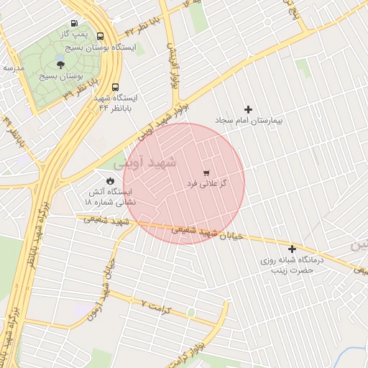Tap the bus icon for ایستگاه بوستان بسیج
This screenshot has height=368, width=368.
coord(99,36)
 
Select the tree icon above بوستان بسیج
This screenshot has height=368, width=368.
coord(60,65)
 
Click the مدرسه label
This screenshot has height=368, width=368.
coord(14,68)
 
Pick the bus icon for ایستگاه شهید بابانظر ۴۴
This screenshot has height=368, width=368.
coord(98,98)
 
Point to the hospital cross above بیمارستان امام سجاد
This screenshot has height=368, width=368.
coord(249,109)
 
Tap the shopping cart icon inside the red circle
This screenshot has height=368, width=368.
coord(207,173)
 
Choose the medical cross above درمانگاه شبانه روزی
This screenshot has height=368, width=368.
coord(292,249)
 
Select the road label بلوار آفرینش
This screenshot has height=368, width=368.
coord(172,65)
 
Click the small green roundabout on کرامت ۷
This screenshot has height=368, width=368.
coord(190,312)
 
